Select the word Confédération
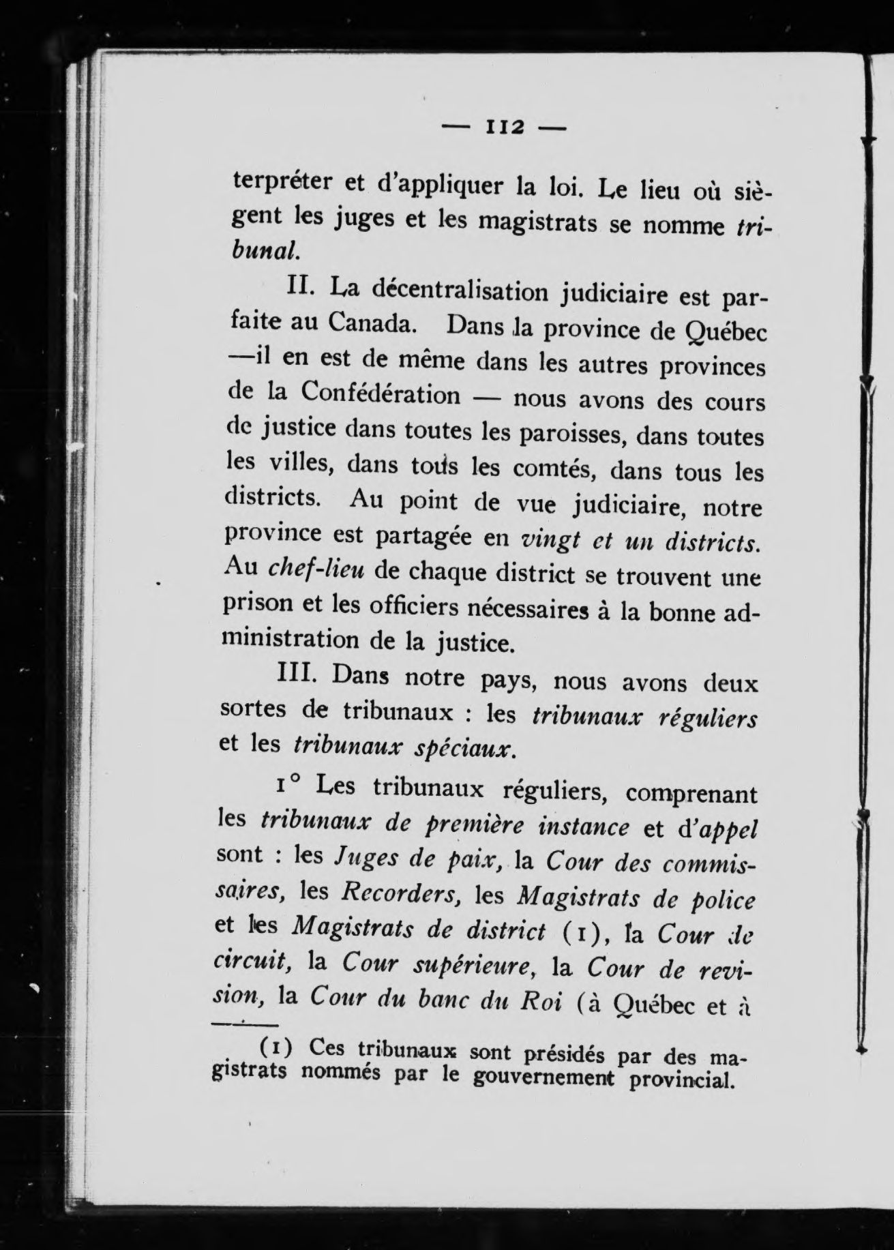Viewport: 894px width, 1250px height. click(x=381, y=393)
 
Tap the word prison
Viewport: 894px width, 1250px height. click(x=257, y=603)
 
